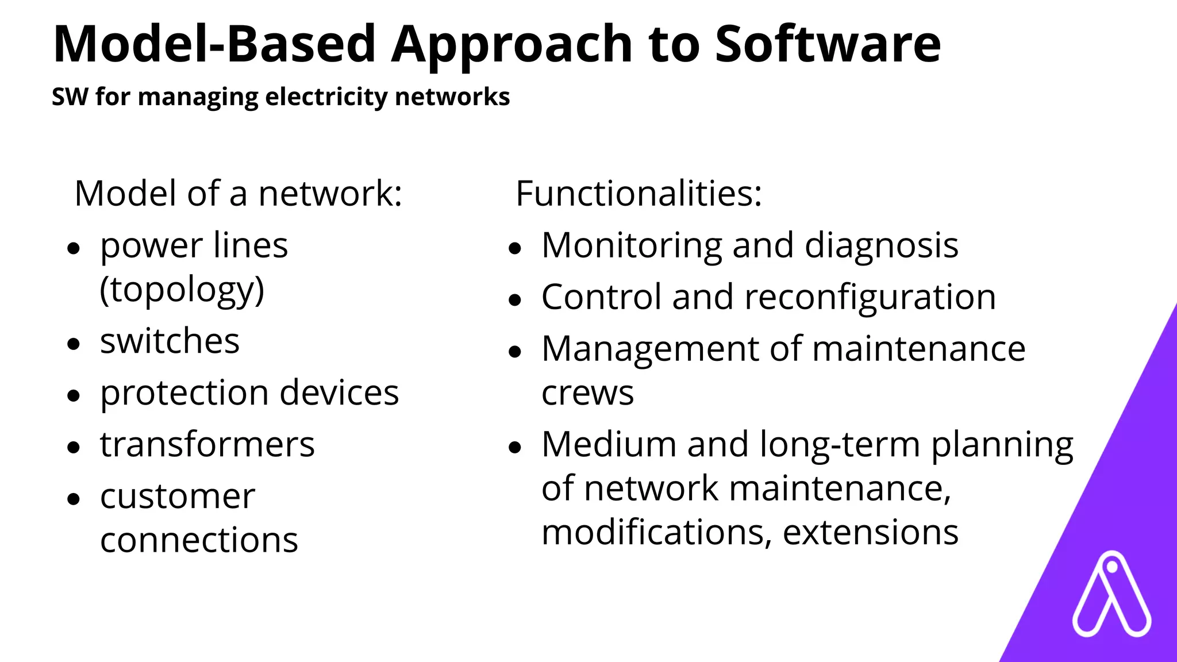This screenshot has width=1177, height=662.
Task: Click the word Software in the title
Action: [828, 45]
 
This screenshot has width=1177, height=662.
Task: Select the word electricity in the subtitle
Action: [326, 97]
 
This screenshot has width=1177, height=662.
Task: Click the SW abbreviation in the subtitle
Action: [70, 97]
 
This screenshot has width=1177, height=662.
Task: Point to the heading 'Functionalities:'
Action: [638, 194]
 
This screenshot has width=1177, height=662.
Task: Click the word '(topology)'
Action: [182, 290]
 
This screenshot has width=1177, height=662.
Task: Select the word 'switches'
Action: [170, 341]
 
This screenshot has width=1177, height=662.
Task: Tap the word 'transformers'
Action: [207, 445]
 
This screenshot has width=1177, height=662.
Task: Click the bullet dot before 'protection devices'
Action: [73, 395]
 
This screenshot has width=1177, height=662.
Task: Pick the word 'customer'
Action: [178, 496]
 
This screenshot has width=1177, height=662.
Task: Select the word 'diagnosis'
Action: [881, 246]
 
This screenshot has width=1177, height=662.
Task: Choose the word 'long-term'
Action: [840, 445]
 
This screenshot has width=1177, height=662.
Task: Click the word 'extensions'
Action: [870, 532]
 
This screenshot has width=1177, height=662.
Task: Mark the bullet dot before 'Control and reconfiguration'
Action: [514, 300]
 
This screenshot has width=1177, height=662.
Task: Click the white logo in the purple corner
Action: [1111, 595]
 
